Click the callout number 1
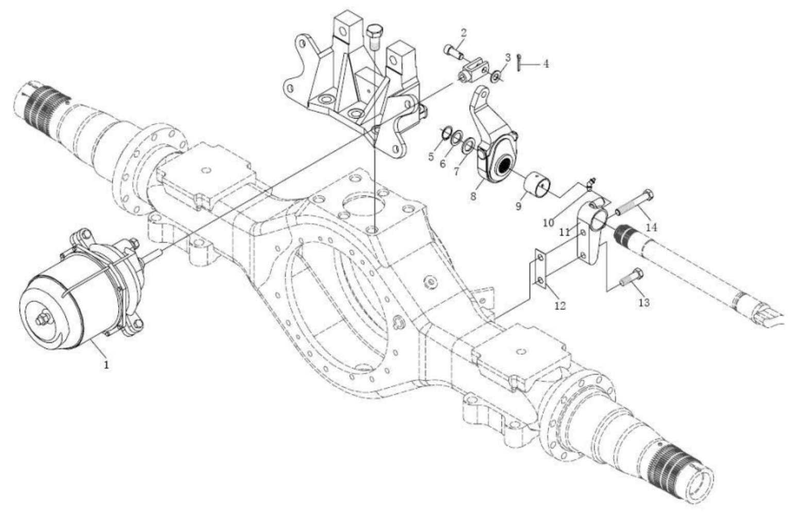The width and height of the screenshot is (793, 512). click(x=106, y=364)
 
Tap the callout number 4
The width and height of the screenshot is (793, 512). click(x=546, y=64)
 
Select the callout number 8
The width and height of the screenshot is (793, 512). click(x=473, y=196)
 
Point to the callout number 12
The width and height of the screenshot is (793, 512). click(x=560, y=305)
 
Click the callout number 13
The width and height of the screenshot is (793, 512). click(x=645, y=302)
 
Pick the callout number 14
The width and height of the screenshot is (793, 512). click(x=651, y=228)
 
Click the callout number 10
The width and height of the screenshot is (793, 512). click(x=549, y=223)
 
